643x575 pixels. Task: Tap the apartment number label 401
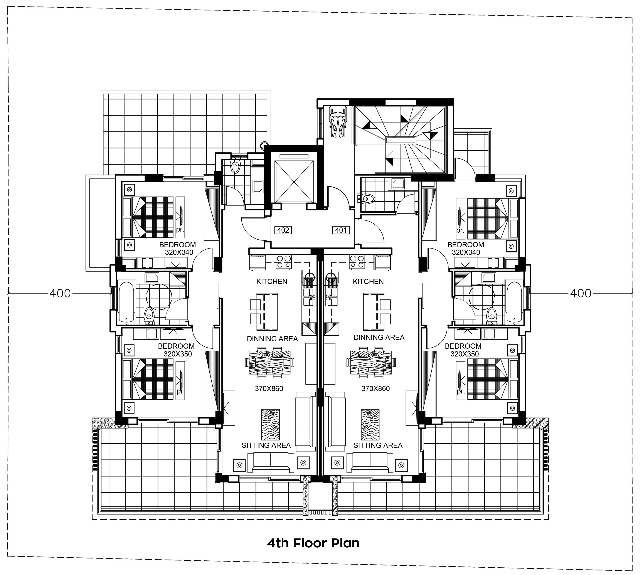coord(341,230)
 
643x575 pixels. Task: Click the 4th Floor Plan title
coord(313,543)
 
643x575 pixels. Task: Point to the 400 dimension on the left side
coord(60,294)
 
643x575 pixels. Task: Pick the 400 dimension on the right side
coord(581,294)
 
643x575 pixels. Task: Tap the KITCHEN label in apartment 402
coord(272,281)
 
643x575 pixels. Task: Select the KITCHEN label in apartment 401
coord(368,281)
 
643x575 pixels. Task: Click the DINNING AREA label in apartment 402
coord(272,339)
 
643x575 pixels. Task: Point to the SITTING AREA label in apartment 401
coord(378,446)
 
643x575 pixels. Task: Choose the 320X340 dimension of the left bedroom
coord(179,252)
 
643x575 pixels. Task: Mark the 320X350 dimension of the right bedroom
coord(465,354)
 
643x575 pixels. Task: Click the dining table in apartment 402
coord(269,362)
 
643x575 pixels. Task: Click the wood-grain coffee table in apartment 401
coord(370,425)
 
